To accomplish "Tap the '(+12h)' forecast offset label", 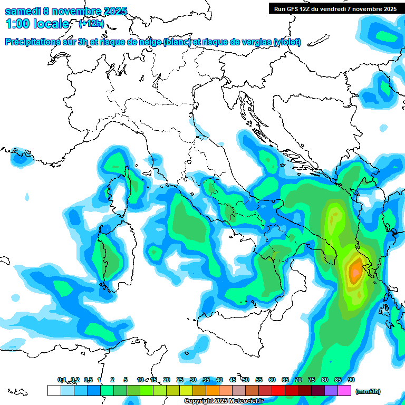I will [91, 24].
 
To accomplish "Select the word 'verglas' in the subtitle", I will [258, 42].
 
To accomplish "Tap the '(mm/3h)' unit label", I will [368, 391].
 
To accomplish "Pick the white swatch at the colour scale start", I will [54, 390].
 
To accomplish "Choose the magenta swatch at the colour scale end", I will [344, 390].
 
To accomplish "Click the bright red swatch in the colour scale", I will [278, 390].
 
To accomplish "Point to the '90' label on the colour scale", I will [351, 380].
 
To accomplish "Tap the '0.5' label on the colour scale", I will [88, 380].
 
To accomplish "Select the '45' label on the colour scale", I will [233, 380].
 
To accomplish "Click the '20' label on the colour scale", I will [167, 380].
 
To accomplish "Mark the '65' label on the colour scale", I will [285, 380].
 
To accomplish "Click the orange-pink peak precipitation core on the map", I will [355, 271].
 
